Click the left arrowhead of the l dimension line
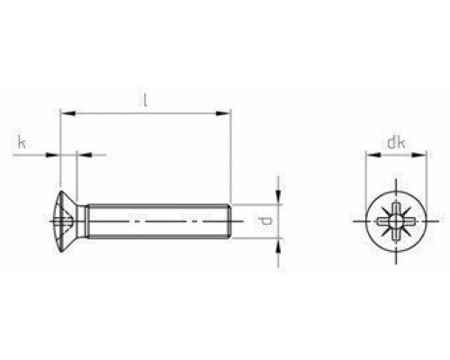click(x=64, y=114)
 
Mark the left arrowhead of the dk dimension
click(x=367, y=155)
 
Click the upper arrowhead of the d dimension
click(x=279, y=200)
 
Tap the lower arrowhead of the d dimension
click(x=279, y=240)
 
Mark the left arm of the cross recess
click(x=380, y=220)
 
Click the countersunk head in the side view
click(x=68, y=220)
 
